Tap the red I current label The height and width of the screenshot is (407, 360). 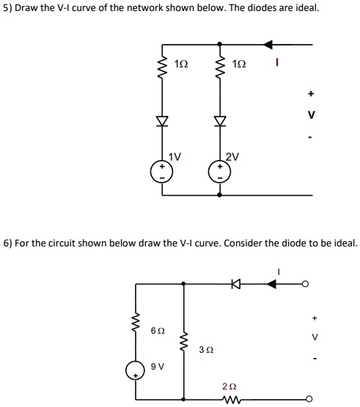pyautogui.click(x=277, y=65)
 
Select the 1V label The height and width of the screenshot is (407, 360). pyautogui.click(x=175, y=155)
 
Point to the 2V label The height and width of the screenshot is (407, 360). pyautogui.click(x=232, y=155)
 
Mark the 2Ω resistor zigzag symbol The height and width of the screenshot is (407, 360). pyautogui.click(x=232, y=399)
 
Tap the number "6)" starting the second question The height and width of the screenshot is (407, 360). pyautogui.click(x=8, y=242)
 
